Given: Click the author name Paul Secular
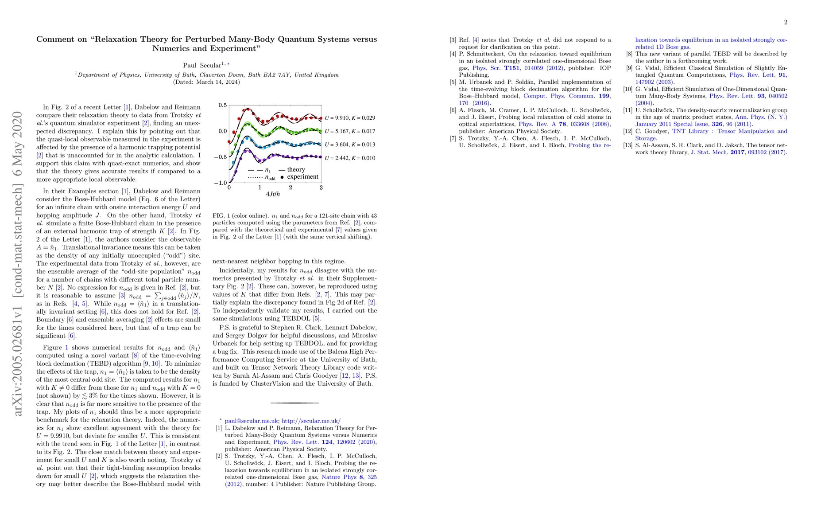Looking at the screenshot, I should coord(202,66).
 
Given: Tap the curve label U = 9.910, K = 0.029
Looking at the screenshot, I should coord(350,118).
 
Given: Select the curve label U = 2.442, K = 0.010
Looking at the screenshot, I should coord(350,158).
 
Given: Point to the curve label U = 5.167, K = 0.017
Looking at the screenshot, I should coord(350,131).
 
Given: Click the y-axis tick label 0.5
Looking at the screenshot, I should coord(222,106).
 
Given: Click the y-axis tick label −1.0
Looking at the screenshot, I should coord(221,183).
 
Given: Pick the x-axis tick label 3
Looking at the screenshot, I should coord(321,188).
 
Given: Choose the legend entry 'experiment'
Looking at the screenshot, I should coord(302,177).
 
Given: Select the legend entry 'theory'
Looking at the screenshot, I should coord(296,170).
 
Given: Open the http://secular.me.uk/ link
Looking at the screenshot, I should coord(311,421).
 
